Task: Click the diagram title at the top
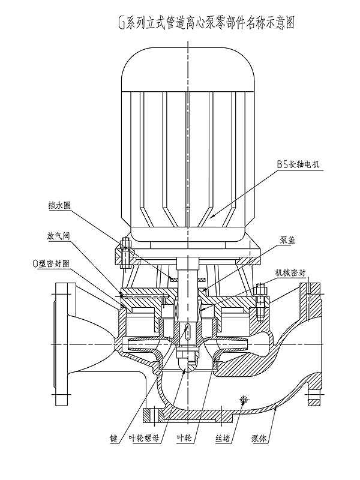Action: click(x=207, y=23)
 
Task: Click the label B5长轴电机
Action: click(x=298, y=164)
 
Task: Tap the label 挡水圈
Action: click(x=59, y=205)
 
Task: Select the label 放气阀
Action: click(x=58, y=236)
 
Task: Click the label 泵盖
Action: click(x=287, y=240)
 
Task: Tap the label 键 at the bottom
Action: click(x=113, y=439)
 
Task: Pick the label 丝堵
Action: click(x=223, y=439)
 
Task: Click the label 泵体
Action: click(x=259, y=439)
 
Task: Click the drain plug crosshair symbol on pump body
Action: click(x=244, y=399)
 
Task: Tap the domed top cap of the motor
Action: click(x=188, y=70)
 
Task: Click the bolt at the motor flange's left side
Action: click(x=125, y=251)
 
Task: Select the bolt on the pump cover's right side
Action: click(x=260, y=302)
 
